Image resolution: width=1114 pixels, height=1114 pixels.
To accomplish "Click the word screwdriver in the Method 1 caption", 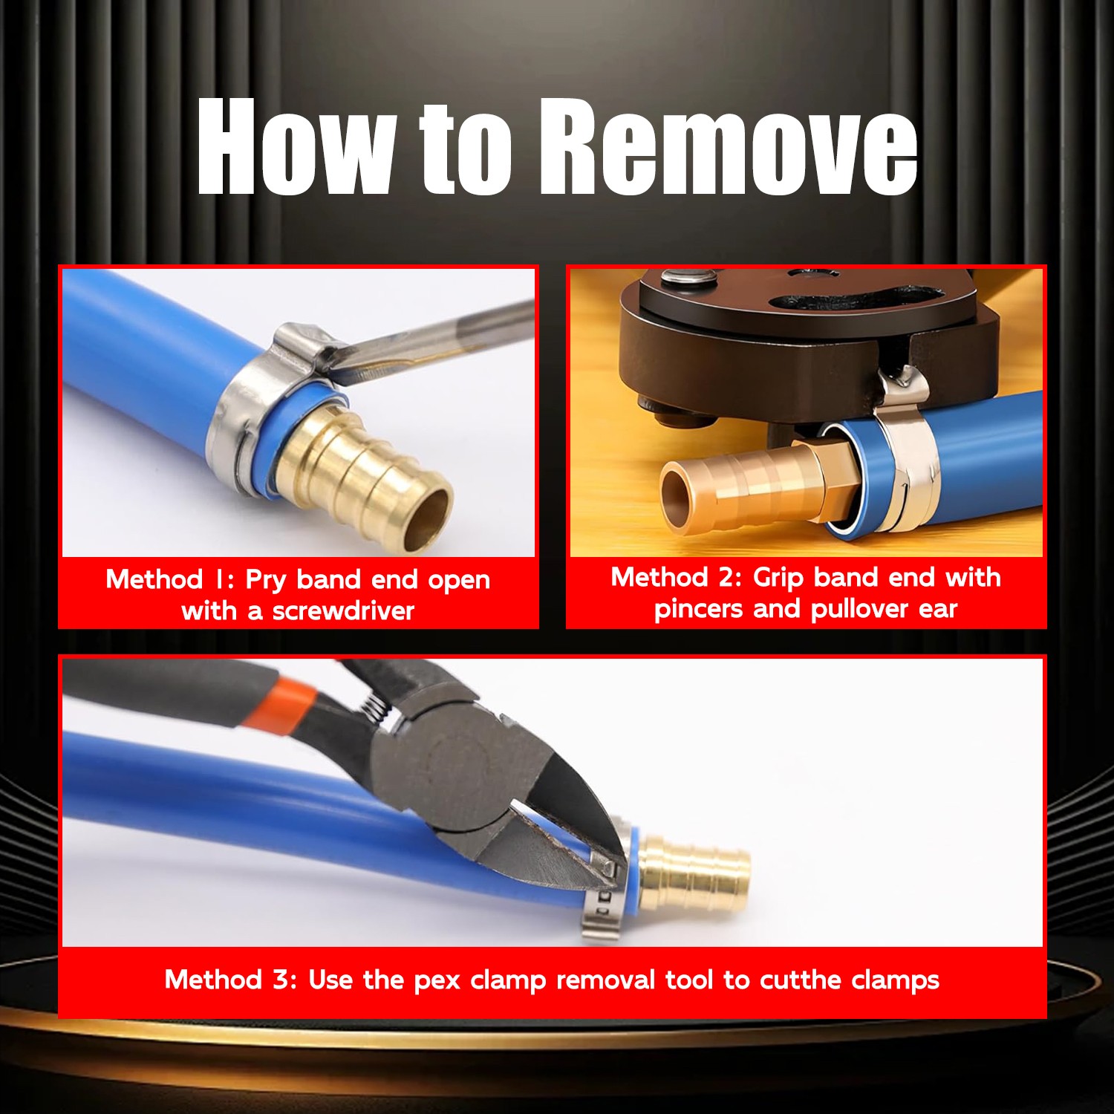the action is point(343,611).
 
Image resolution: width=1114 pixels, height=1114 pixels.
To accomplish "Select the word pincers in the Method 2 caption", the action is point(698,609).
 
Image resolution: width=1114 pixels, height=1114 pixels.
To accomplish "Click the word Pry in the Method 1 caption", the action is point(265,580).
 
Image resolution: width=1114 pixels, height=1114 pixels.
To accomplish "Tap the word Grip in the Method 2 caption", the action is point(778,578).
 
